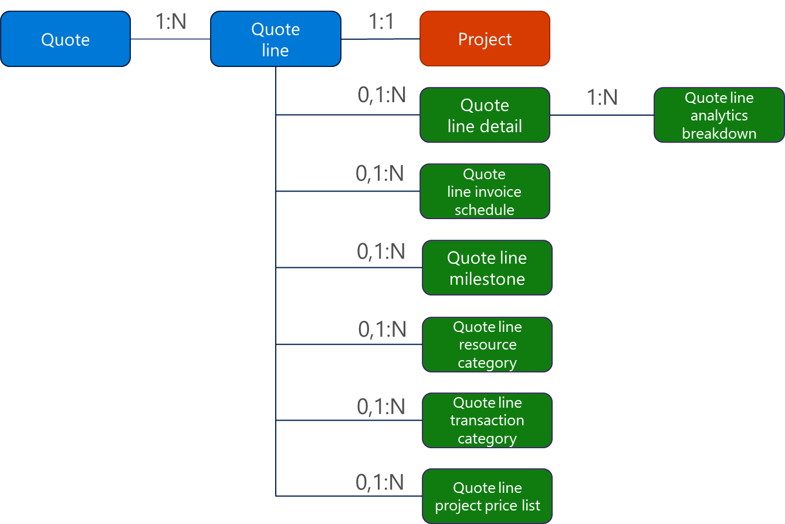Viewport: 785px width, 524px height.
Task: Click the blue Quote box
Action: (x=65, y=39)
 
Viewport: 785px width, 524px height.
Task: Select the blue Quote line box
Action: (x=275, y=39)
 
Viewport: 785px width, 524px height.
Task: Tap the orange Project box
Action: (x=485, y=39)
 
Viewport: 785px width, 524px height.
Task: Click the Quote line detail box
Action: (x=485, y=115)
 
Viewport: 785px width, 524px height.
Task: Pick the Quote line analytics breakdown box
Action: (x=719, y=115)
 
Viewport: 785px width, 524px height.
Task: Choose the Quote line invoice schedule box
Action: (x=485, y=192)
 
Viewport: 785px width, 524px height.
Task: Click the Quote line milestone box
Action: (x=487, y=268)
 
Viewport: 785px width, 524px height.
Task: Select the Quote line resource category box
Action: (x=487, y=345)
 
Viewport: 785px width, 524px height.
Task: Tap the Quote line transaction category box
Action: (x=487, y=421)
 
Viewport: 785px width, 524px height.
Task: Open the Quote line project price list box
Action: (x=487, y=496)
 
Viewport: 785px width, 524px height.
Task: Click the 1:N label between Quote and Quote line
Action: (x=171, y=22)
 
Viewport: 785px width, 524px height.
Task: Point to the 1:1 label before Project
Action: (x=381, y=22)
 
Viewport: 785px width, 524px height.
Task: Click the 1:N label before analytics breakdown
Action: (x=603, y=98)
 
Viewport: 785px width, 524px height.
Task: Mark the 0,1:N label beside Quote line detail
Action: (x=382, y=95)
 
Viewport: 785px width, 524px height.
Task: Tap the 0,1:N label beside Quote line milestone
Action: (x=381, y=251)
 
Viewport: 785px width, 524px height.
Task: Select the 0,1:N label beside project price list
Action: (x=380, y=482)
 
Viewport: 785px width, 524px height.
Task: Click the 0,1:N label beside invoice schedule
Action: (x=380, y=173)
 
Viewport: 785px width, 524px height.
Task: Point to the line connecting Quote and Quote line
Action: (x=170, y=39)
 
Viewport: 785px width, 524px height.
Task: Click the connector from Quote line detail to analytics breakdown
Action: (x=602, y=115)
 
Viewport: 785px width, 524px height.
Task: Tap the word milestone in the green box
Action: (x=487, y=279)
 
